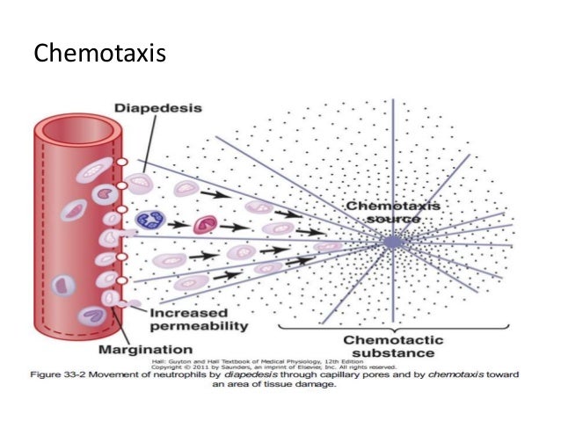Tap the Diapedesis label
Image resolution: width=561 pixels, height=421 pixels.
point(157,109)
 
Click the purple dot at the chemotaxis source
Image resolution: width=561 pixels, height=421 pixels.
point(391,240)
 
